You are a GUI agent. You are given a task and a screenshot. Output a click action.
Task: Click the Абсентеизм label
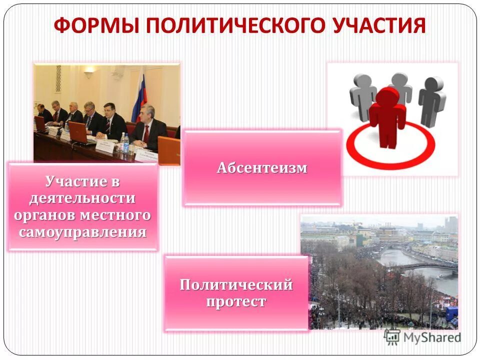pos(262,168)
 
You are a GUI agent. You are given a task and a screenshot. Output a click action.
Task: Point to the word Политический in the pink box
pos(236,285)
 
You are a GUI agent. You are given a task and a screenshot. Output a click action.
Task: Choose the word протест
pos(236,302)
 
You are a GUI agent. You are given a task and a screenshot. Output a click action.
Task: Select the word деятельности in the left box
pos(83,198)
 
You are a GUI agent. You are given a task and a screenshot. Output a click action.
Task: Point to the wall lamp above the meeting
pos(88,74)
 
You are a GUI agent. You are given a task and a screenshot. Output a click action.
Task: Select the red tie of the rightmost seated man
pos(146,133)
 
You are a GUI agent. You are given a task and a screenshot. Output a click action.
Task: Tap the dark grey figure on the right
pos(431,100)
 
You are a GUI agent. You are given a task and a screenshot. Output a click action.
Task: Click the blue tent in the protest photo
pos(451,314)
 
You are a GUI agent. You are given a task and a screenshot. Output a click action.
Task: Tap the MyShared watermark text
pos(432,337)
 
